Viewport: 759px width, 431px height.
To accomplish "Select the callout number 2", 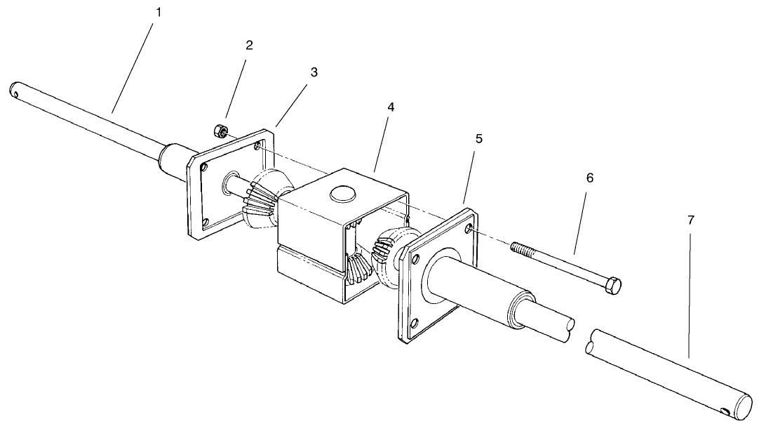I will [x=249, y=45].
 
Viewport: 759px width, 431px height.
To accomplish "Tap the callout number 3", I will [x=314, y=72].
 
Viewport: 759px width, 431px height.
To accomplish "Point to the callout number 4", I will [x=391, y=107].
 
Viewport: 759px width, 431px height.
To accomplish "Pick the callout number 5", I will [x=478, y=138].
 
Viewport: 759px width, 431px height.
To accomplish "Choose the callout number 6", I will [x=589, y=178].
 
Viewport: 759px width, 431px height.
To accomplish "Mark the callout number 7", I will [x=690, y=220].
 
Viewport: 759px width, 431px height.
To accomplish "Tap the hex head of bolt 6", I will [x=612, y=285].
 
